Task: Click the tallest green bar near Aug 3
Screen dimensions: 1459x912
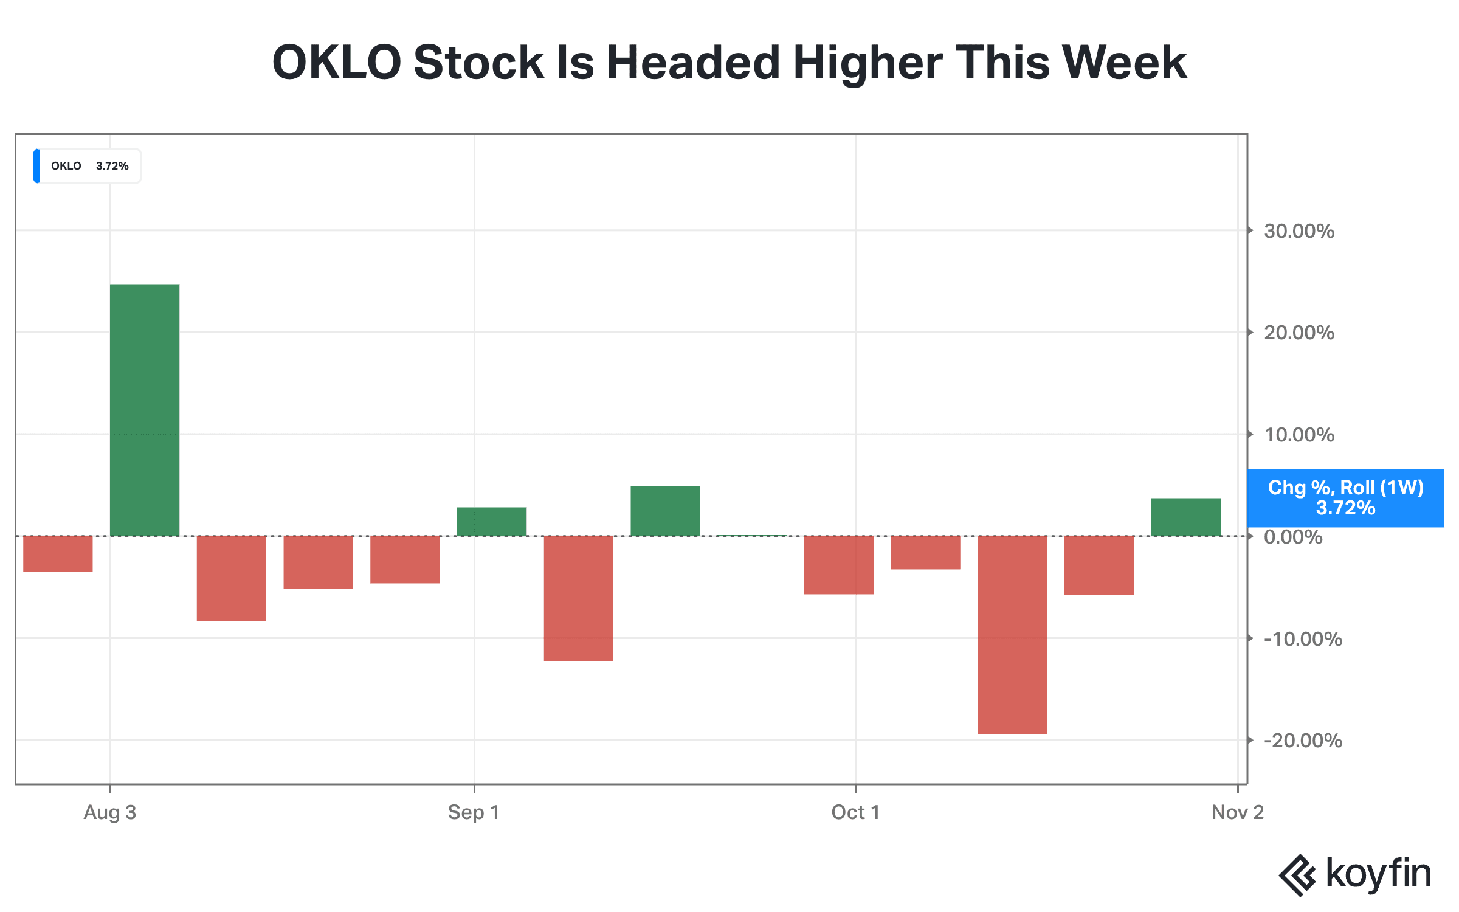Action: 145,410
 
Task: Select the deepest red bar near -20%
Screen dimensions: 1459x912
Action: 1012,635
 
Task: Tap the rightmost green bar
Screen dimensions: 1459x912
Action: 1185,517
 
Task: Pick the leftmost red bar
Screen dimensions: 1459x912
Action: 58,554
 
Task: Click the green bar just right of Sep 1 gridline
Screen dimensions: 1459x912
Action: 492,522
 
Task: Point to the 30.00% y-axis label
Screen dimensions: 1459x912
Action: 1299,231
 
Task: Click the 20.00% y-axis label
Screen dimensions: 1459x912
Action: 1299,333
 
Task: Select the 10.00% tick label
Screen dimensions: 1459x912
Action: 1299,435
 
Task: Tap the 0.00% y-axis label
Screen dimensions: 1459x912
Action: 1293,537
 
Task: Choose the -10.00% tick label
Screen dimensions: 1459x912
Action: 1303,639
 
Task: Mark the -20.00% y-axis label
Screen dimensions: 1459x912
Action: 1303,741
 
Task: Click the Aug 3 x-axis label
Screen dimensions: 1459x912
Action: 110,812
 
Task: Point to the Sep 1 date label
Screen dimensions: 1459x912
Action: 474,812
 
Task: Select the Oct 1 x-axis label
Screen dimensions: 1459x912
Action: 855,812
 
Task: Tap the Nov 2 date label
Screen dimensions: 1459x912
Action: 1238,812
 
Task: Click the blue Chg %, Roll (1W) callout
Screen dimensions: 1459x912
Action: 1345,498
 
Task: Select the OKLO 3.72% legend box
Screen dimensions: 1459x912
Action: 87,166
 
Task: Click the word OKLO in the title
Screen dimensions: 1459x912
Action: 337,62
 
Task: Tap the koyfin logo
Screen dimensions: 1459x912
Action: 1354,875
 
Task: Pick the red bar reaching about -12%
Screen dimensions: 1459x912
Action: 578,598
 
